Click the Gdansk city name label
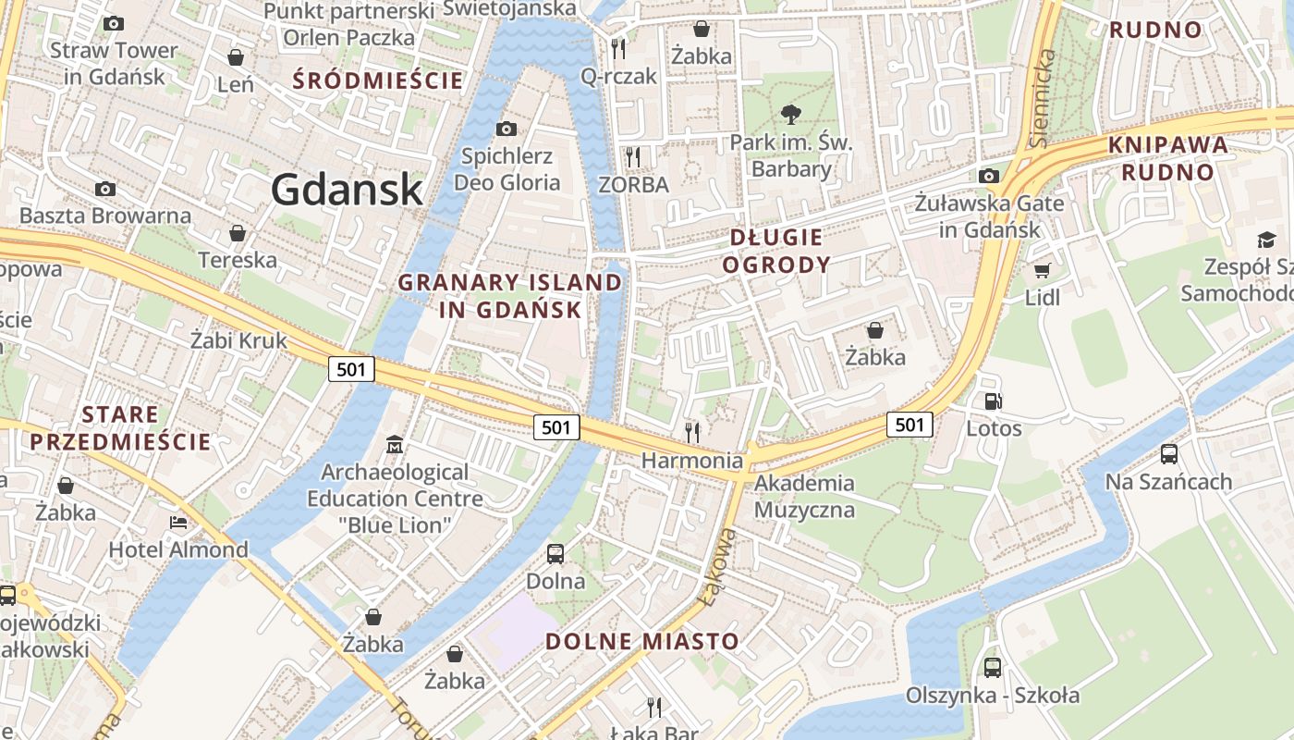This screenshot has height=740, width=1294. (347, 190)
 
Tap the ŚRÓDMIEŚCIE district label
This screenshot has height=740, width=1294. (378, 80)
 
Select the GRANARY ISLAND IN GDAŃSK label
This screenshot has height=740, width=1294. (510, 296)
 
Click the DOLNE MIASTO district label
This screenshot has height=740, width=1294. (642, 641)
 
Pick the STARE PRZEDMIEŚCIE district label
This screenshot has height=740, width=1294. (120, 428)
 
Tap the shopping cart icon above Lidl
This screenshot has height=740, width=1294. (1042, 271)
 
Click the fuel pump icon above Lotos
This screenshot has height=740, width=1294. (994, 401)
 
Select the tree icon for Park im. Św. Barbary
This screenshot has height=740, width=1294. (790, 115)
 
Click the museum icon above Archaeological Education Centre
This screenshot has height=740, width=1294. (395, 445)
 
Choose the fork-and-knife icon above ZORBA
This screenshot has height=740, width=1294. (633, 156)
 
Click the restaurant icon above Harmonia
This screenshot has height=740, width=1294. (691, 432)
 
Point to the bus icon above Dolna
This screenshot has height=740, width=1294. (555, 554)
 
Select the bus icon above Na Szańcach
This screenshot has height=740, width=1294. (1168, 454)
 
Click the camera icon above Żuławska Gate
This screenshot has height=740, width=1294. (989, 176)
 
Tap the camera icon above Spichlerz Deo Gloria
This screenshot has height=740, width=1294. (506, 129)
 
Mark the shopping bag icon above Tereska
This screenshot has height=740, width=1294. (238, 233)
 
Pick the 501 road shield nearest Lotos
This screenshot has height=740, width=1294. (909, 425)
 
